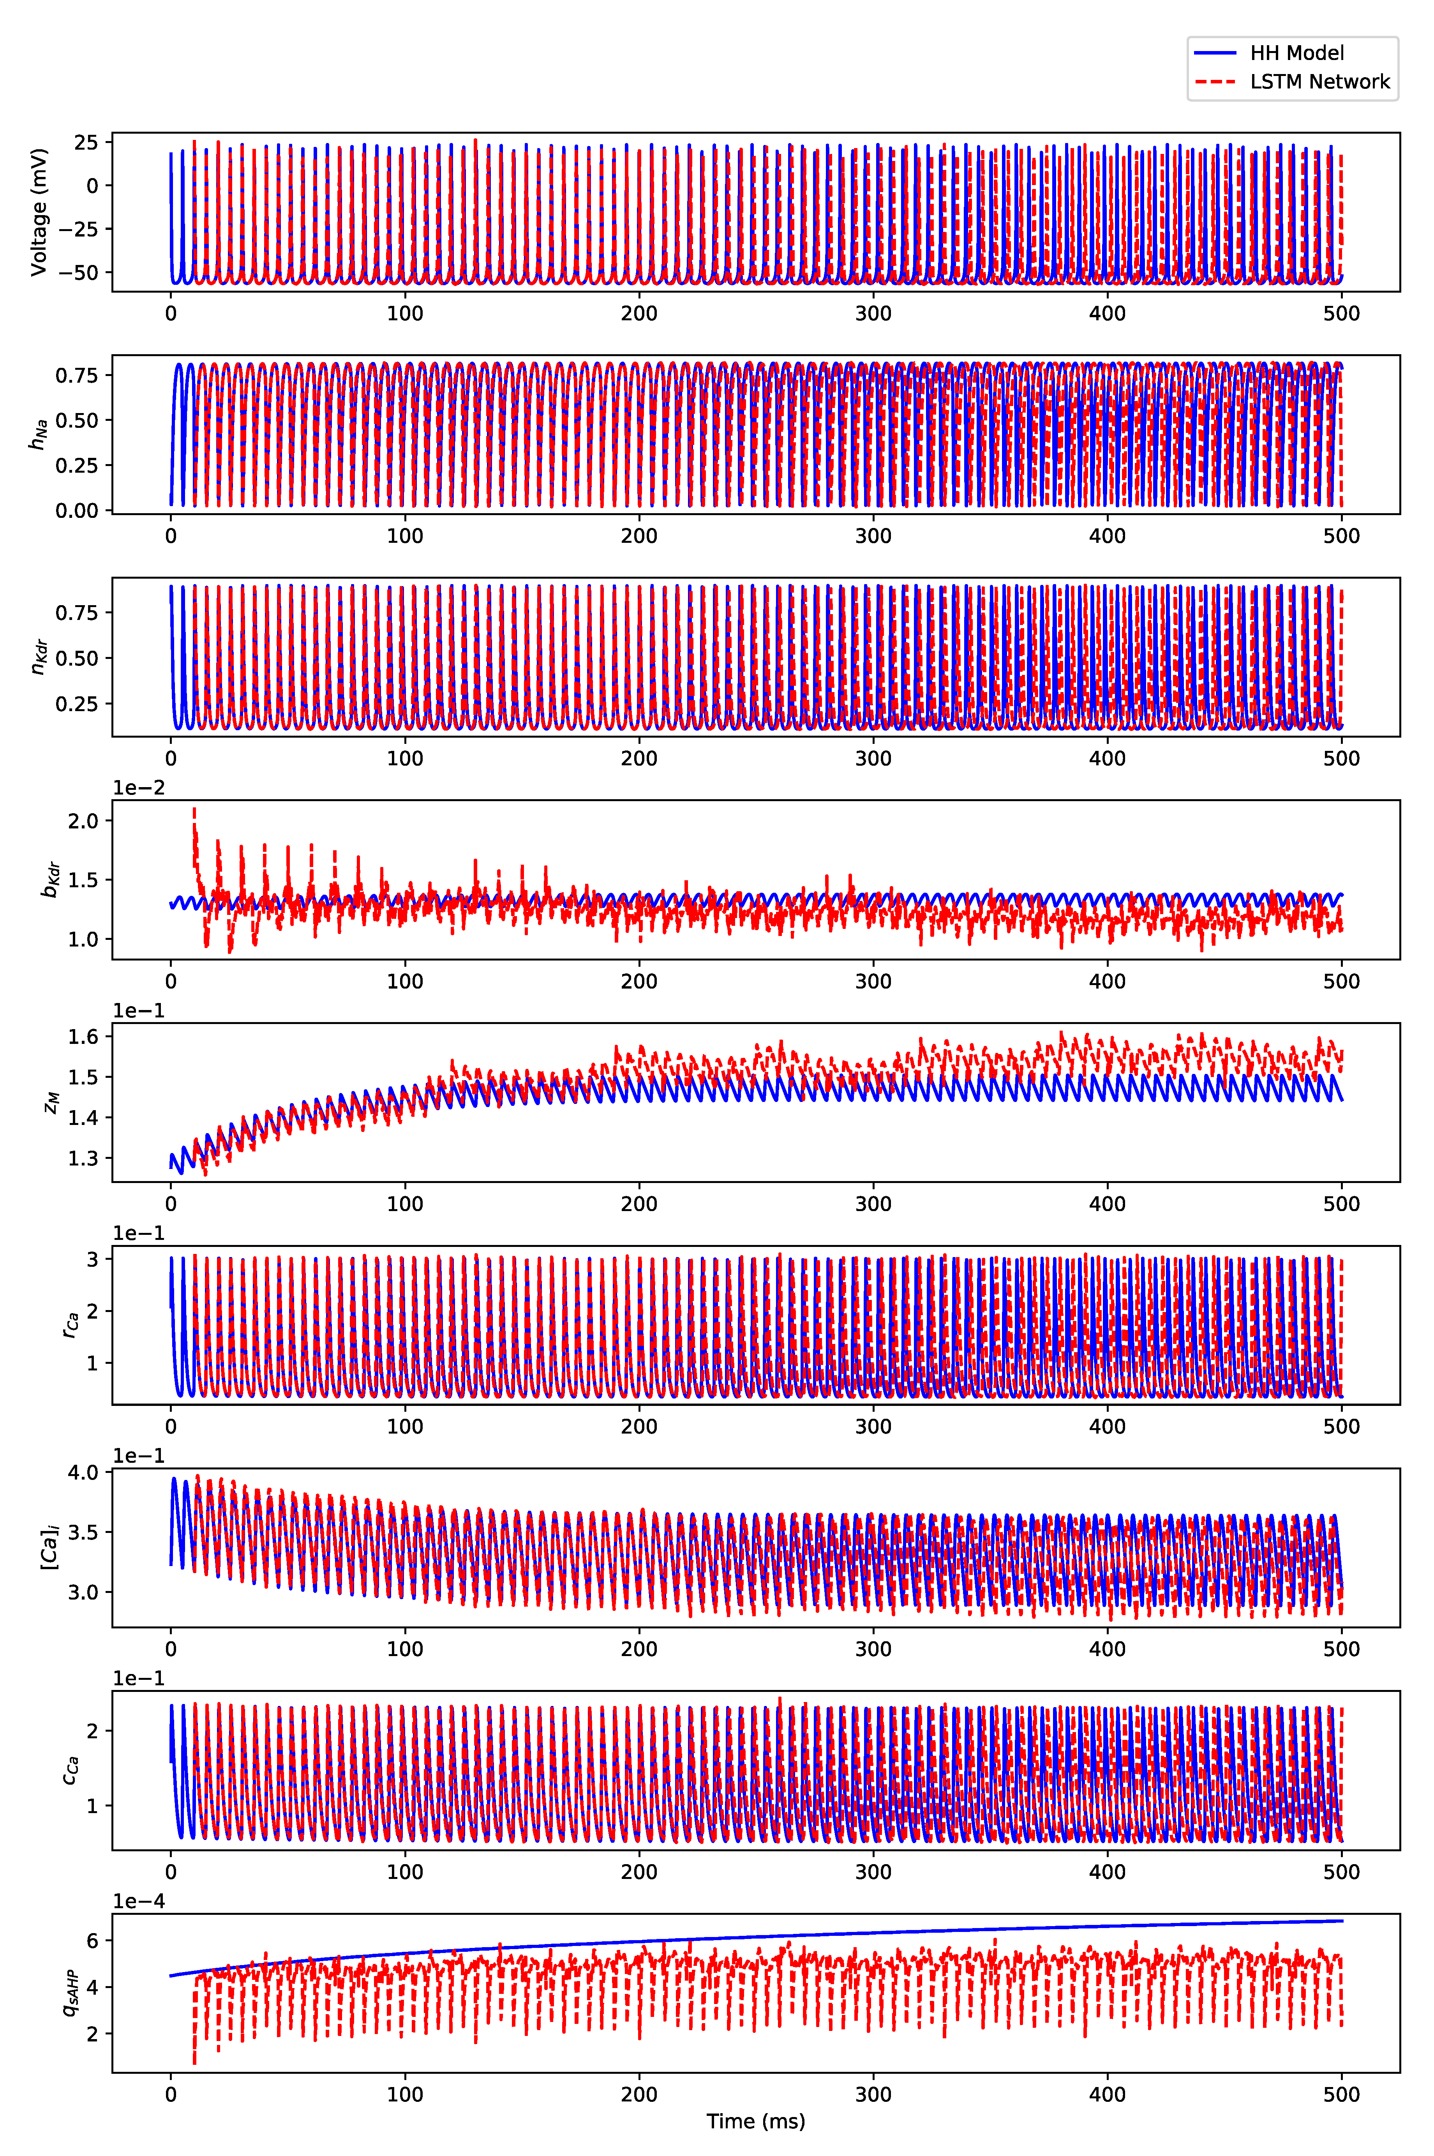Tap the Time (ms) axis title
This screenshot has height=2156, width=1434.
755,2120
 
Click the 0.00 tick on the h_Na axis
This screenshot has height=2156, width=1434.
77,510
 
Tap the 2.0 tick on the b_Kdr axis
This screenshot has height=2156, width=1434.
83,821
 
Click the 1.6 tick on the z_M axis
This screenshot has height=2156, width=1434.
83,1037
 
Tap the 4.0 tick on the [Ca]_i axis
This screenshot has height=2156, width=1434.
83,1473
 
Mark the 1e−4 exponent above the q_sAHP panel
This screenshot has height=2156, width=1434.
139,1902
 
